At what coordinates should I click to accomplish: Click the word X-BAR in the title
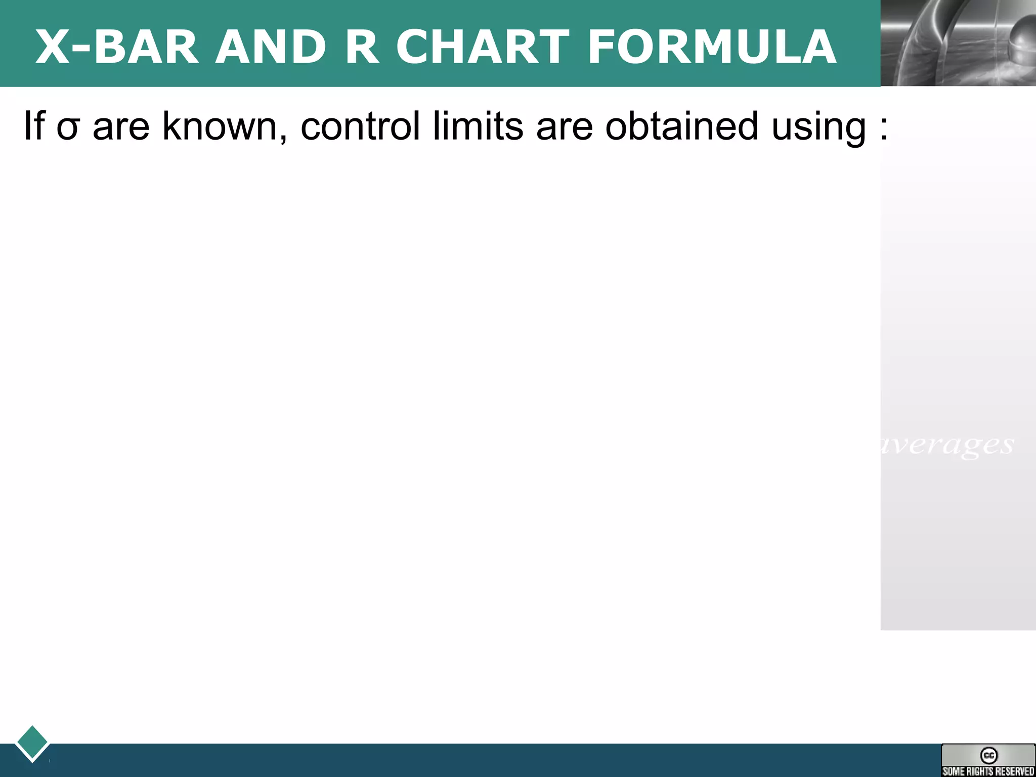[x=116, y=47]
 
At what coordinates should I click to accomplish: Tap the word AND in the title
[x=271, y=47]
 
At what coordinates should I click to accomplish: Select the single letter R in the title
[x=362, y=47]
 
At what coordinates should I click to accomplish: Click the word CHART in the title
[x=483, y=47]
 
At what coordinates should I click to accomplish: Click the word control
[x=360, y=126]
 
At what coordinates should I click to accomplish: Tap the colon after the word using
[x=884, y=129]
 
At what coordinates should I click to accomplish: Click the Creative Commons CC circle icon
[x=988, y=755]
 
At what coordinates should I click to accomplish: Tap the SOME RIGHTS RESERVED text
[x=988, y=771]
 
